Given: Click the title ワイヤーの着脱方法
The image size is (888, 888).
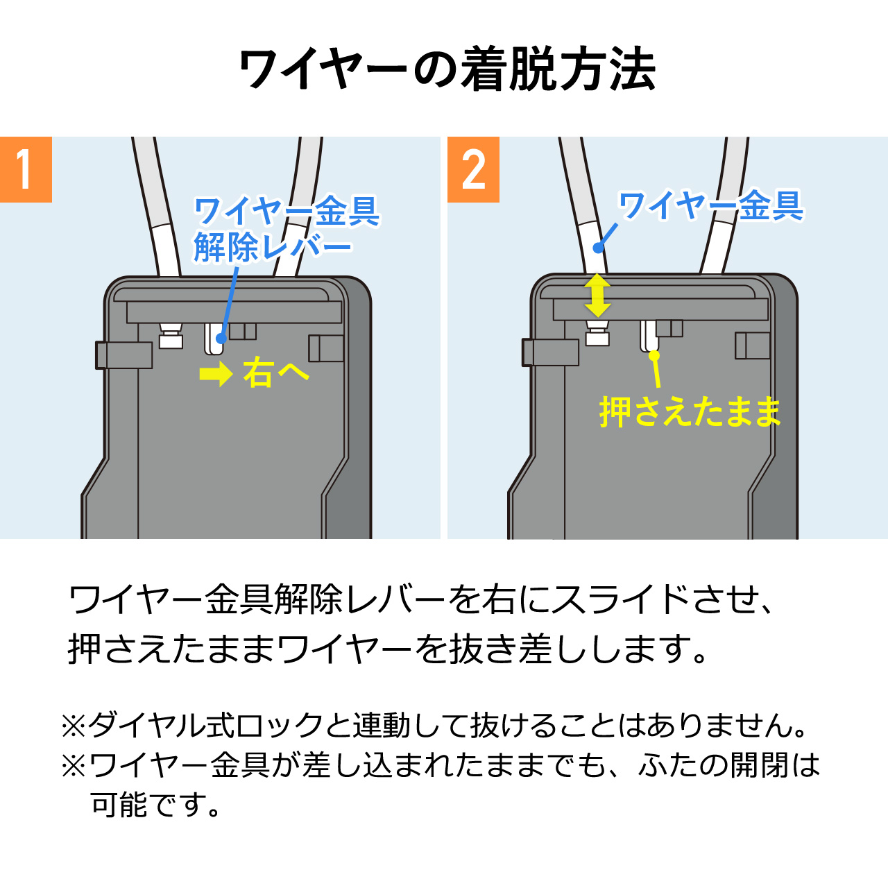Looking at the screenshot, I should [x=447, y=69].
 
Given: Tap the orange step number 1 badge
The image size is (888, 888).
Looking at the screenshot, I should [x=26, y=169].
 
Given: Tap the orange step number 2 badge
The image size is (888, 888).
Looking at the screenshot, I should [x=473, y=169].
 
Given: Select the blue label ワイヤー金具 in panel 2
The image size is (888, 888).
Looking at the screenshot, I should [x=710, y=205].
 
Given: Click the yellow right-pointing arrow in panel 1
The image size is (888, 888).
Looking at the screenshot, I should [x=216, y=374].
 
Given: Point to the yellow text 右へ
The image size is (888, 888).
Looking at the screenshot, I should [x=275, y=373].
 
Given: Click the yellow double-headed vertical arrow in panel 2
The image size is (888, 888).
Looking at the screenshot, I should [x=597, y=295].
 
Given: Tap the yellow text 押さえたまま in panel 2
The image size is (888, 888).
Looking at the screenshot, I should [x=690, y=411].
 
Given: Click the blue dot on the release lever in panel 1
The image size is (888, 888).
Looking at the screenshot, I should [x=221, y=339].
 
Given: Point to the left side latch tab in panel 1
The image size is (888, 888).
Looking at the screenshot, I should [x=123, y=355].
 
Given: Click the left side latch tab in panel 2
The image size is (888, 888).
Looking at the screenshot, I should [x=550, y=352].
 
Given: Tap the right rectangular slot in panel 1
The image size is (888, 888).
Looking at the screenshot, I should [x=326, y=348].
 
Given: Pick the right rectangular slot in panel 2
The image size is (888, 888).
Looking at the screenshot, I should [x=753, y=345].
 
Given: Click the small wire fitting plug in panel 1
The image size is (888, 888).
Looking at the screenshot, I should [x=170, y=336].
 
